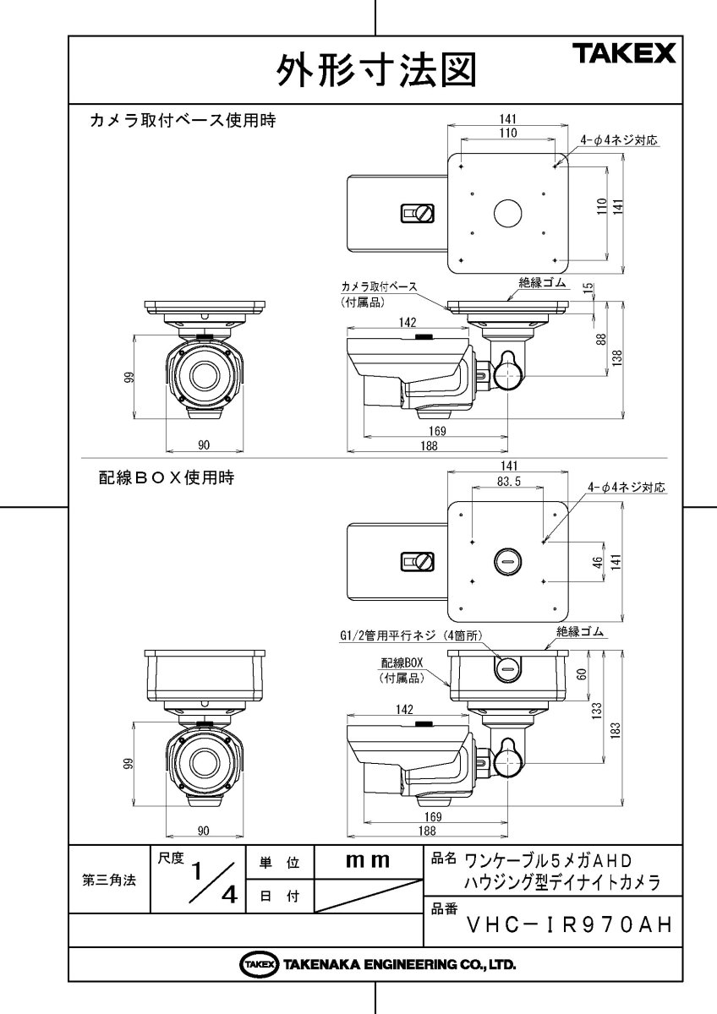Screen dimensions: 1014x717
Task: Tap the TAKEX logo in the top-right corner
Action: (626, 55)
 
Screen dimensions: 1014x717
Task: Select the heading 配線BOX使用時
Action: (164, 477)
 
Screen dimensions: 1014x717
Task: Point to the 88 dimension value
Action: (601, 338)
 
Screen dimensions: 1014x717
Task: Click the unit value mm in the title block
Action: (368, 861)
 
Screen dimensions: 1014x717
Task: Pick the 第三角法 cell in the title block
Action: (109, 879)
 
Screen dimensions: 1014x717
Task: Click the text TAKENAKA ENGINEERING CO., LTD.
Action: (399, 964)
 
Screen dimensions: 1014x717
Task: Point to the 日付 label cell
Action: (279, 897)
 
